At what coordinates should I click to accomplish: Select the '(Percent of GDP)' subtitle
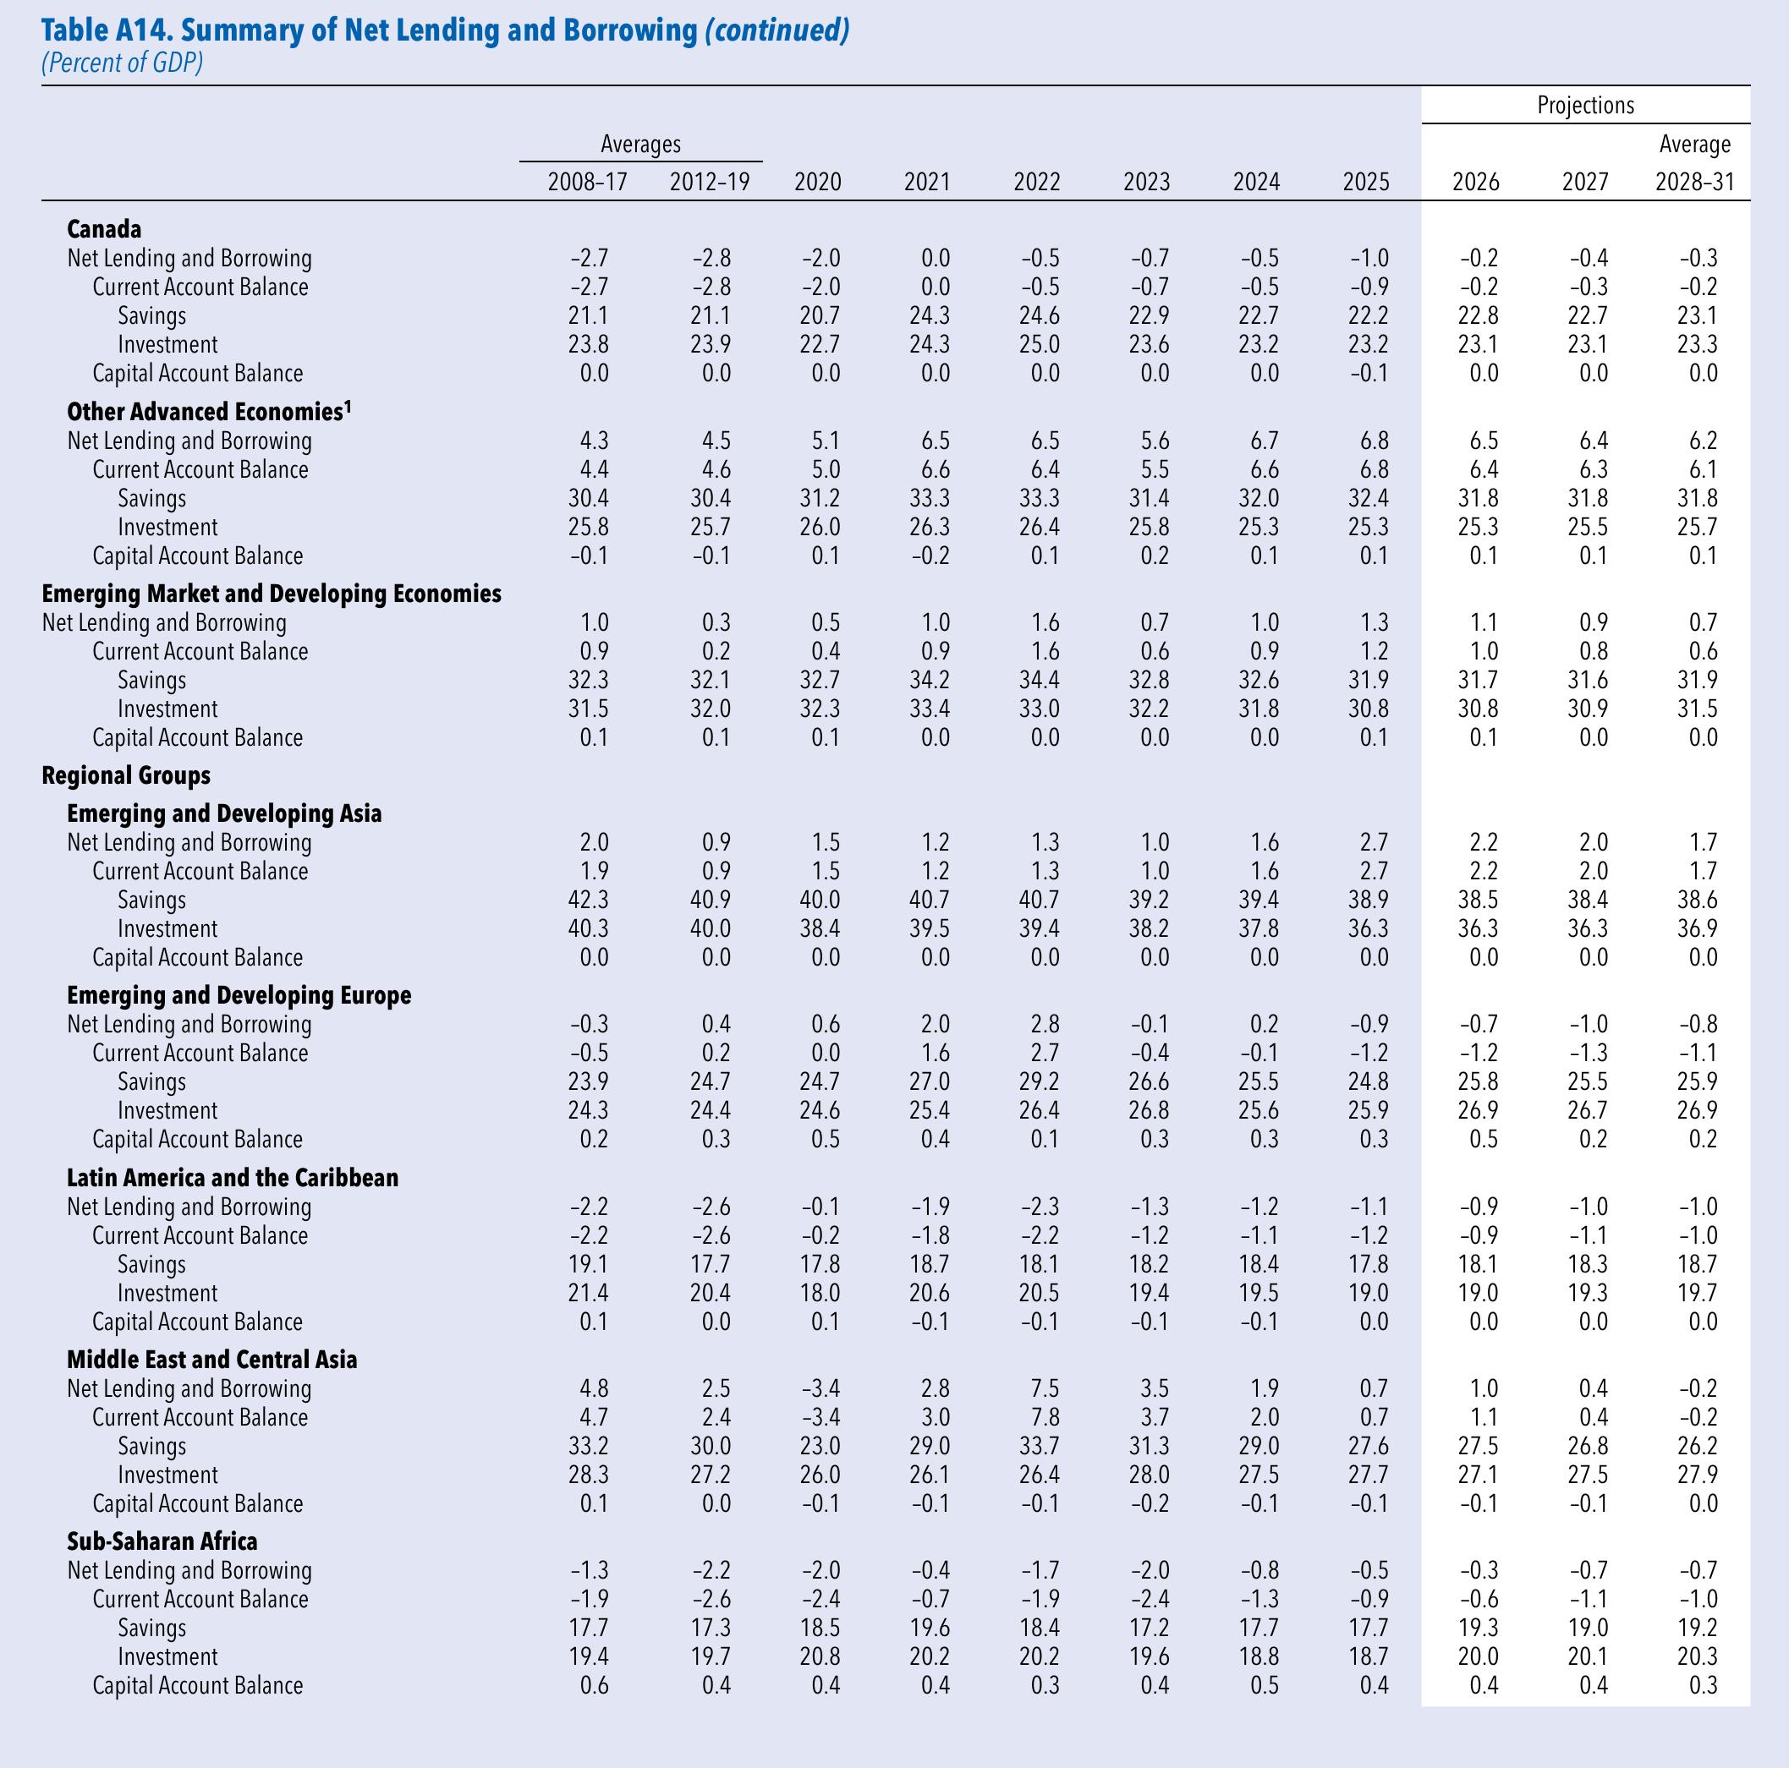pyautogui.click(x=121, y=63)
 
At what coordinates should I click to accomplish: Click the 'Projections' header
pyautogui.click(x=1585, y=106)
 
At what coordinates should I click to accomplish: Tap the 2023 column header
pyautogui.click(x=1146, y=182)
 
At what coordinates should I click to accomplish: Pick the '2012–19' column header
pyautogui.click(x=710, y=182)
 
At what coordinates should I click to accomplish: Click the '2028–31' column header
pyautogui.click(x=1694, y=182)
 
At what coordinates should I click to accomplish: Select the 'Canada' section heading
pyautogui.click(x=104, y=228)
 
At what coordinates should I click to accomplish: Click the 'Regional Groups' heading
pyautogui.click(x=126, y=775)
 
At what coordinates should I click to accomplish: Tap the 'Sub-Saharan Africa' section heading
pyautogui.click(x=162, y=1541)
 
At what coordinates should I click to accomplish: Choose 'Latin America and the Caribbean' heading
pyautogui.click(x=233, y=1178)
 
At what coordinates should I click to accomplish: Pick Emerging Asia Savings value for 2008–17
pyautogui.click(x=588, y=900)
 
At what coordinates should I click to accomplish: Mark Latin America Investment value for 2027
pyautogui.click(x=1585, y=1293)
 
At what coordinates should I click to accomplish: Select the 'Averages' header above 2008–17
pyautogui.click(x=641, y=145)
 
